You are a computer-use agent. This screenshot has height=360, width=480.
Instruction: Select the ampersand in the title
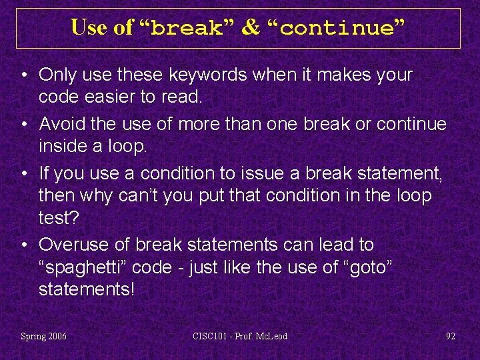click(x=251, y=28)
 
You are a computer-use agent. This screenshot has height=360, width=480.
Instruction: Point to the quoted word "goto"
click(x=370, y=267)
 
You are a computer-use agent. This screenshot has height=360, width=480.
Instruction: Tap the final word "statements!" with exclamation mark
click(x=87, y=289)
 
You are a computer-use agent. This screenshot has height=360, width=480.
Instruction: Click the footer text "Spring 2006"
click(x=44, y=336)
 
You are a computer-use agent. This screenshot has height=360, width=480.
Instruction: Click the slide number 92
click(x=451, y=336)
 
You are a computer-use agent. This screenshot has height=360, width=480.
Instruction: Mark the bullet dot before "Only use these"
click(x=24, y=75)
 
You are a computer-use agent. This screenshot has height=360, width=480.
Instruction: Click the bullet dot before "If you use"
click(x=24, y=174)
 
